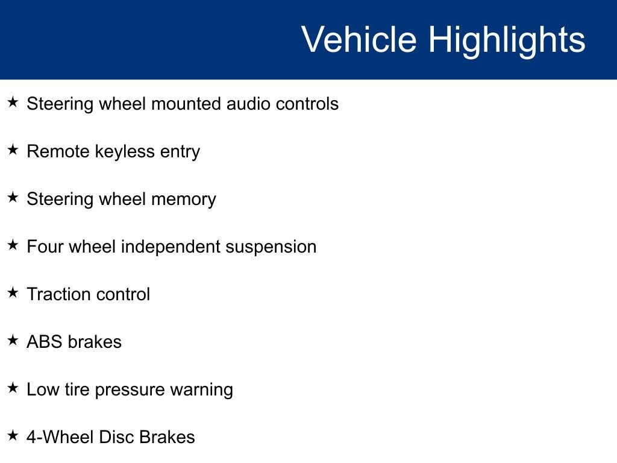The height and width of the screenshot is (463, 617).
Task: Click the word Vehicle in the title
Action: (359, 39)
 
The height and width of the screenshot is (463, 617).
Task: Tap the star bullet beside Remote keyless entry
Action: (13, 150)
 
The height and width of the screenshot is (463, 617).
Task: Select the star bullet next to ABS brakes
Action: (13, 340)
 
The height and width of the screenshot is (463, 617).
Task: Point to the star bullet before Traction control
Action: (13, 292)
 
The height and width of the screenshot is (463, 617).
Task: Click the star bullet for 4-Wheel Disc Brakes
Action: (13, 435)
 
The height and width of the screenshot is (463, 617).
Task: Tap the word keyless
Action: (125, 152)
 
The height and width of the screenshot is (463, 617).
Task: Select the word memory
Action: (184, 200)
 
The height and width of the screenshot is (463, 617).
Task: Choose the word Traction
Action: (58, 294)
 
